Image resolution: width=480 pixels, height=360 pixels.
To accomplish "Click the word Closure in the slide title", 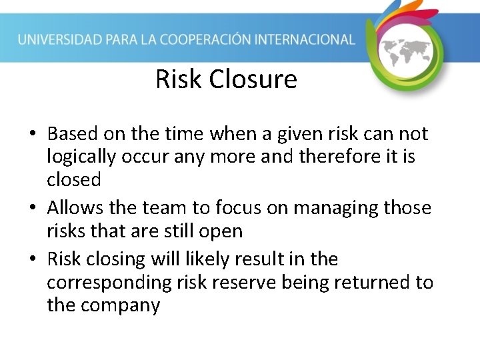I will [253, 79].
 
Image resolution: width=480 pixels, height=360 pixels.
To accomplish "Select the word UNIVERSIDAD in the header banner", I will [61, 39].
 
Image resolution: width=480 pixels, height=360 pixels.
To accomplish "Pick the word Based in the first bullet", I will [73, 134].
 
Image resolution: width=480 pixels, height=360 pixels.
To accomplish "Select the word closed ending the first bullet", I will [74, 179].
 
